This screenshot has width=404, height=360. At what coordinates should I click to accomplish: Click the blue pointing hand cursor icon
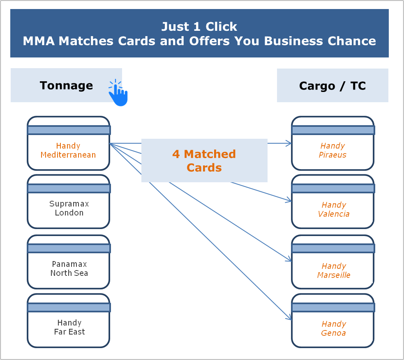pos(118,94)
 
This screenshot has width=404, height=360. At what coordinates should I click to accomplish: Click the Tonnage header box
pos(66,85)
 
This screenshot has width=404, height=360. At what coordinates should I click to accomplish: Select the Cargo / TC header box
pos(332,86)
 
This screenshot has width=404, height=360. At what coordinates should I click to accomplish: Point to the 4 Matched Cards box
pos(204,161)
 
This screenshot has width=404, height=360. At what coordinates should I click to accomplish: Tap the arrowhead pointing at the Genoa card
pos(289,318)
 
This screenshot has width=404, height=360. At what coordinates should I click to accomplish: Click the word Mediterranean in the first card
pos(68,155)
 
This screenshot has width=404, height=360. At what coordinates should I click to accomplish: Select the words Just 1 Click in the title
pos(199,27)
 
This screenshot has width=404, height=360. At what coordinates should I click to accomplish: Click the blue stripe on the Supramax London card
pos(69,188)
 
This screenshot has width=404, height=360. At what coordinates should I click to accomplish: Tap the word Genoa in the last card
pos(333,333)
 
